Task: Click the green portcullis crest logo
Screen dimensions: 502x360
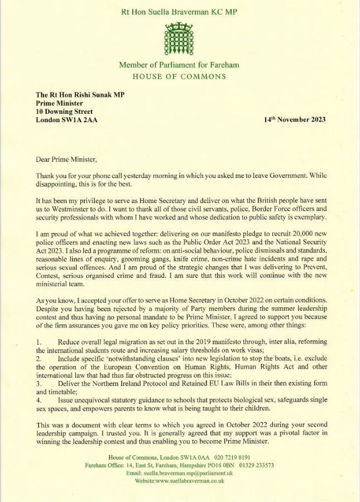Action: (x=179, y=38)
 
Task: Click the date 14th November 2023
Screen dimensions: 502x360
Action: (x=295, y=119)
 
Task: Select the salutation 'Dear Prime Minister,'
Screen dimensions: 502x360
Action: (x=66, y=159)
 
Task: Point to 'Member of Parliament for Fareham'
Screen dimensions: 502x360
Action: (x=179, y=65)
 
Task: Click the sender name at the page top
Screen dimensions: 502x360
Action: (x=179, y=10)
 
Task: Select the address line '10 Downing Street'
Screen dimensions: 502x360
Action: (x=64, y=111)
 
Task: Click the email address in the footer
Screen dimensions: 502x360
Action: (x=179, y=472)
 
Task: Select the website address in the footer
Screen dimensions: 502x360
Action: (x=179, y=480)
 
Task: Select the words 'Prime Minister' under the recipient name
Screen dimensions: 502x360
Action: (x=59, y=103)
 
